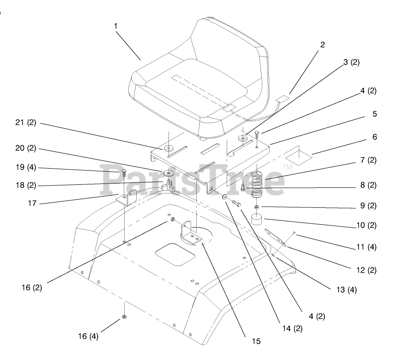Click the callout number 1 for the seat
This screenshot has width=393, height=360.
(116, 26)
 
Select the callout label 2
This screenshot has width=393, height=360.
(323, 45)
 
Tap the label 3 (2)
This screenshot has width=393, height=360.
(351, 62)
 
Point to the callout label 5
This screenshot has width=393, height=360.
(374, 114)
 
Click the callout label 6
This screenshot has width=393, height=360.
(374, 137)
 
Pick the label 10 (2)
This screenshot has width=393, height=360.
(366, 226)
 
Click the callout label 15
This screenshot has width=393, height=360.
(256, 341)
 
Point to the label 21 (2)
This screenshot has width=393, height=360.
(26, 123)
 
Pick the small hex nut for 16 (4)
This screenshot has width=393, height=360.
(124, 317)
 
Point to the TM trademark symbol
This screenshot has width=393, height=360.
(287, 167)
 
